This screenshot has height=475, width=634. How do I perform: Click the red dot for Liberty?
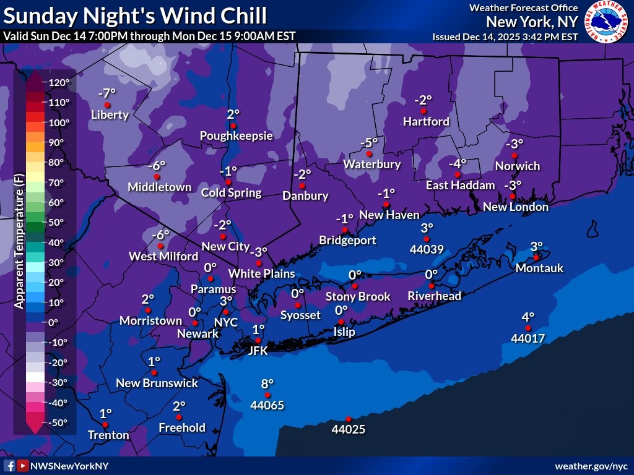107,105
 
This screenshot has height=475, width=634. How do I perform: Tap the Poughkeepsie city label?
236,135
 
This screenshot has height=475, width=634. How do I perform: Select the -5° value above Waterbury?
369,143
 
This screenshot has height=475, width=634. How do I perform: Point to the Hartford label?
426,121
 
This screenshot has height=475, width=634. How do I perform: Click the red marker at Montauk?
536,257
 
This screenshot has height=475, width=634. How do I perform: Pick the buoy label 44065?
267,406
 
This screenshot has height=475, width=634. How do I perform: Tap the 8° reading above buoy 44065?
267,384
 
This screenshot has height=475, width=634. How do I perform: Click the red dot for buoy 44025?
349,419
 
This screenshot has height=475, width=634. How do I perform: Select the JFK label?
258,351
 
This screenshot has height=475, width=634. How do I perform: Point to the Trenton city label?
108,435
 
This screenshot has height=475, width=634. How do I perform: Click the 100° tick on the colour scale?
59,122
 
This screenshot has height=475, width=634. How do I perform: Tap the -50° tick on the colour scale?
58,422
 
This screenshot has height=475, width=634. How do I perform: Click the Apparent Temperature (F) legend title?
19,241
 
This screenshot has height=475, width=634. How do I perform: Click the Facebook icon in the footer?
10,466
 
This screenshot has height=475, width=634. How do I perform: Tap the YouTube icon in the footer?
22,466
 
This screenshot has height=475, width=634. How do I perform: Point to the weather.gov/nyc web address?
591,466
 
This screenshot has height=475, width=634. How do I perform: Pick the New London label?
516,207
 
